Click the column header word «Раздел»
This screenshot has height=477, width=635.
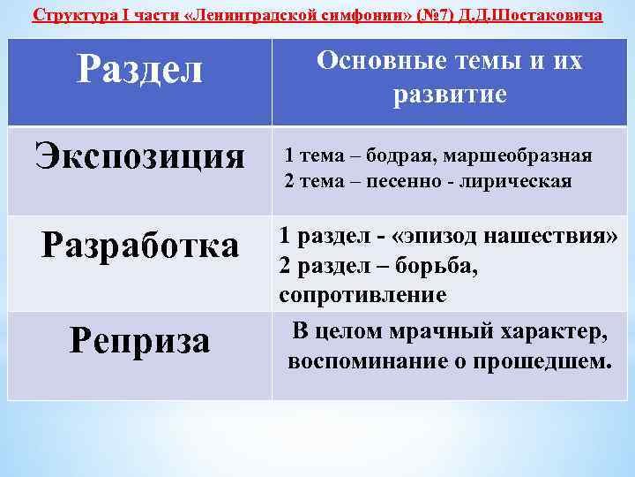point(139,68)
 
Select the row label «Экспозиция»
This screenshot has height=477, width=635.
point(139,156)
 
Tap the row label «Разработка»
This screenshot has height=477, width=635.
point(140,245)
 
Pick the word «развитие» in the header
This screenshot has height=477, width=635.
point(450,95)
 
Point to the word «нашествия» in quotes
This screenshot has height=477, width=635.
point(556,236)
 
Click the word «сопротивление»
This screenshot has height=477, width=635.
point(362,294)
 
